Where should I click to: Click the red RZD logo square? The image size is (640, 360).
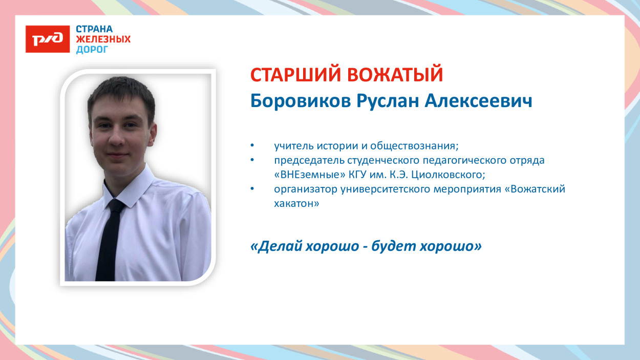tap(48, 39)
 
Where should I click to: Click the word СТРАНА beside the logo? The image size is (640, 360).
tap(94, 29)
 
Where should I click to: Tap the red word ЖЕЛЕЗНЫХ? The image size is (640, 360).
tap(103, 39)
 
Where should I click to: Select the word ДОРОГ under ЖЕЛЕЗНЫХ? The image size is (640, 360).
tap(92, 50)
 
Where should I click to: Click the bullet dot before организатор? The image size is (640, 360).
tap(252, 189)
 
